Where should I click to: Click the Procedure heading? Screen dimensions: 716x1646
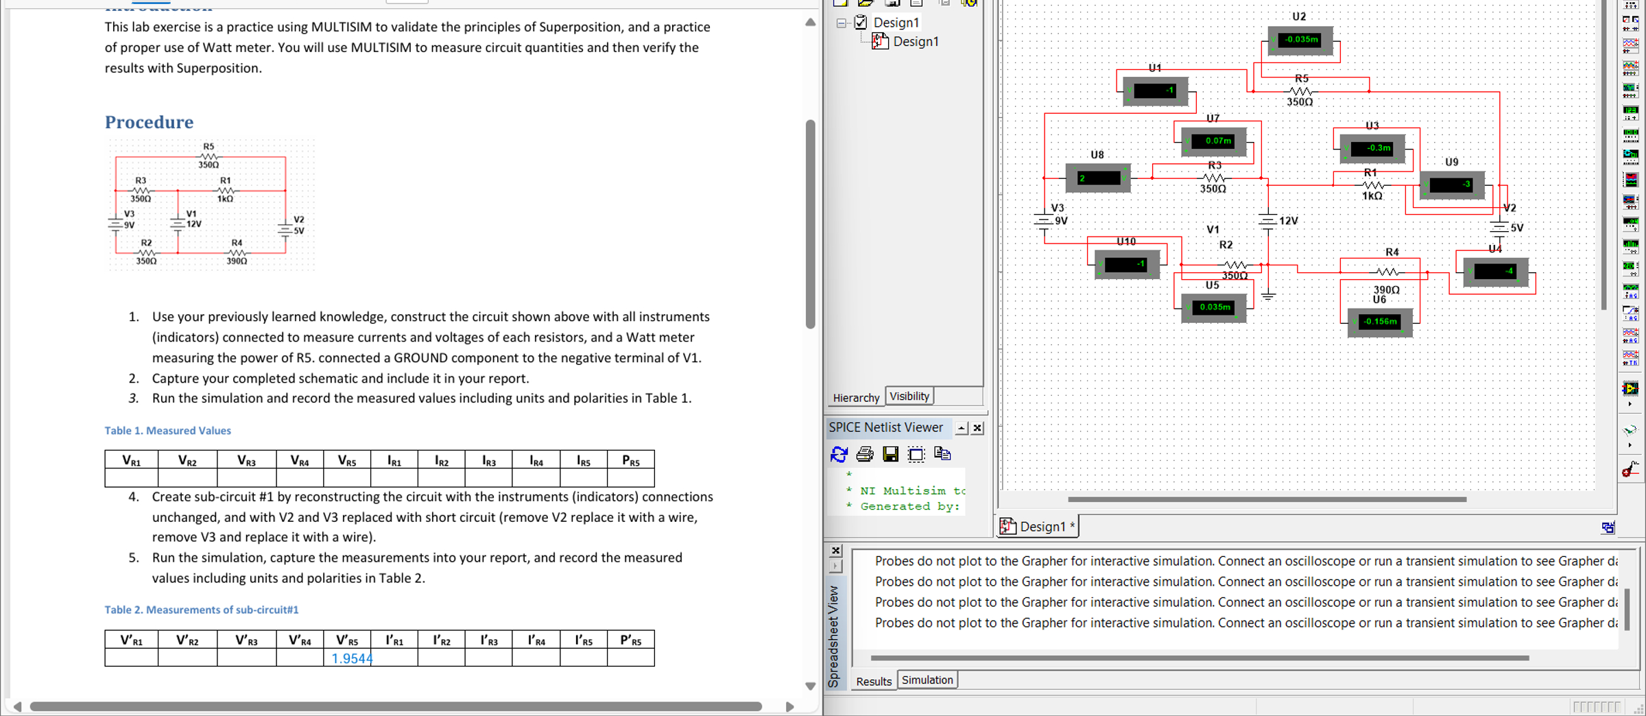coord(149,122)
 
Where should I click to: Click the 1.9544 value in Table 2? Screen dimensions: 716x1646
coord(351,658)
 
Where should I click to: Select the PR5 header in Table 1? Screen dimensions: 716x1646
coord(630,460)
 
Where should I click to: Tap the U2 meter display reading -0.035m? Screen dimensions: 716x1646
coord(1300,40)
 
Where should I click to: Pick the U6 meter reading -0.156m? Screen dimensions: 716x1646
coord(1379,322)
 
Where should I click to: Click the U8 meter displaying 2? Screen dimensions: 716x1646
coord(1098,178)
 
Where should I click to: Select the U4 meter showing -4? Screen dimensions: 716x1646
coord(1495,272)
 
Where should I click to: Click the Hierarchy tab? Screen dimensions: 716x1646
coord(855,398)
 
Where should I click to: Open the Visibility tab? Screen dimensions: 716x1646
coord(909,396)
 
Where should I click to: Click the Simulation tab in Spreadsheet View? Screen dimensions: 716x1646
coord(927,680)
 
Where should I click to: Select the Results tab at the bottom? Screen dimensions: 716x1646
coord(873,681)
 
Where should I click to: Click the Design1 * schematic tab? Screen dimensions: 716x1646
coord(1040,527)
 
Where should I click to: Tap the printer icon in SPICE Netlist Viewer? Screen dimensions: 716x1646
coord(864,454)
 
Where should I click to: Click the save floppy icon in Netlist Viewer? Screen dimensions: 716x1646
coord(890,454)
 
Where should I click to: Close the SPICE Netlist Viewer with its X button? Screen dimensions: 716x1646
coord(978,428)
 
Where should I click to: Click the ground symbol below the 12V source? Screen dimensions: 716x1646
coord(1267,296)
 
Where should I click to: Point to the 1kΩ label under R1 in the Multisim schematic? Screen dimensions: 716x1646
coord(1372,196)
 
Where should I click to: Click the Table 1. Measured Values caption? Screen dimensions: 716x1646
coord(167,431)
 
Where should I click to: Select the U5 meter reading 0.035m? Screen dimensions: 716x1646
coord(1214,307)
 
